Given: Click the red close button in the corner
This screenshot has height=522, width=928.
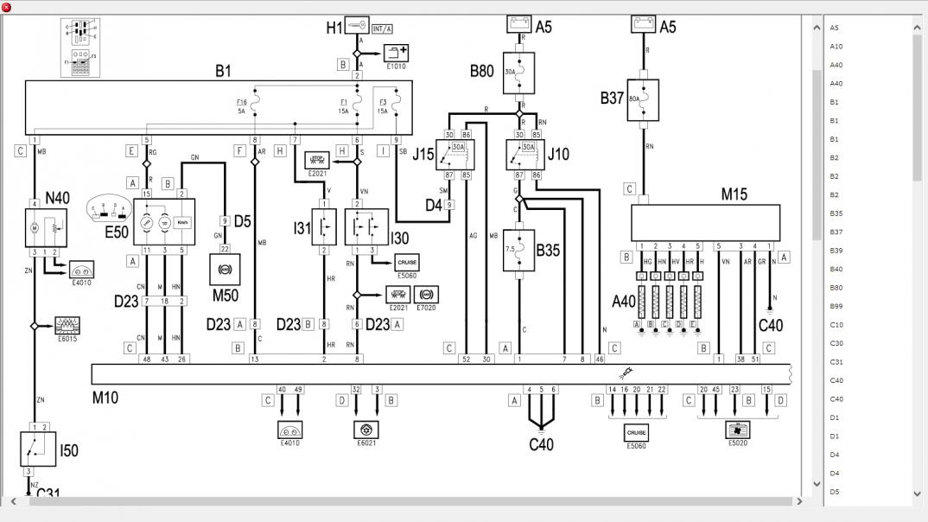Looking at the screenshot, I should tap(7, 7).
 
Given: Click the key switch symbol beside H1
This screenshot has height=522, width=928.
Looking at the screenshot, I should tap(357, 26).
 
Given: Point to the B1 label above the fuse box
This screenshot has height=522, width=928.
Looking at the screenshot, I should tap(223, 71).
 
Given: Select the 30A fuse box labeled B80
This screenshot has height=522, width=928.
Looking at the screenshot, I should tap(518, 73).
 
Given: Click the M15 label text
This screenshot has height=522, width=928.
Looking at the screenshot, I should tap(734, 194).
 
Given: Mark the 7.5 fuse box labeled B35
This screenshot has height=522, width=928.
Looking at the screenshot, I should tap(519, 250).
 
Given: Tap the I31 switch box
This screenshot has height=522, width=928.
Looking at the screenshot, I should tap(323, 226).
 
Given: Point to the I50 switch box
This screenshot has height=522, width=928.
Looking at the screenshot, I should tap(37, 449).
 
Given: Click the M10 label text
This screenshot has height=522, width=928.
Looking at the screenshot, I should tap(105, 398).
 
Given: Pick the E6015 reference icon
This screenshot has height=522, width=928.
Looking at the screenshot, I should tap(67, 326).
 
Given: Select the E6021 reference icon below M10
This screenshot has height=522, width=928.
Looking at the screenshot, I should tap(366, 430).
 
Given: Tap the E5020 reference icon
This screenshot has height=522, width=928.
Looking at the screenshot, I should tap(737, 430).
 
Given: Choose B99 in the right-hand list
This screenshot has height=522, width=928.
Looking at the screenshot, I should tap(836, 306).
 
